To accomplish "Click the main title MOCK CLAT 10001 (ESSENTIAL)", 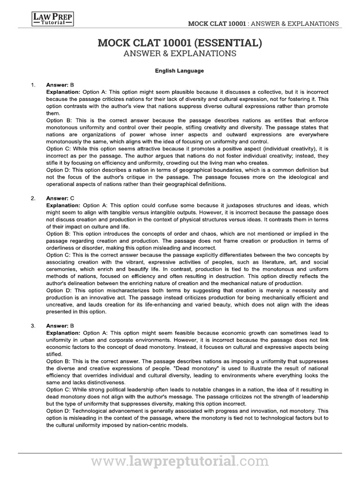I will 180,43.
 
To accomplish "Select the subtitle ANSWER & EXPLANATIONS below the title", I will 180,53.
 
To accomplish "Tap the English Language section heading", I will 180,71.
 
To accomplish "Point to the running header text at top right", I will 263,23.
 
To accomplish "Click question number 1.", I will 33,85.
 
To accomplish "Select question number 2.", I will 33,198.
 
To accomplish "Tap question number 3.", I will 33,325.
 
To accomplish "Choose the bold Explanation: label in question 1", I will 63,92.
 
